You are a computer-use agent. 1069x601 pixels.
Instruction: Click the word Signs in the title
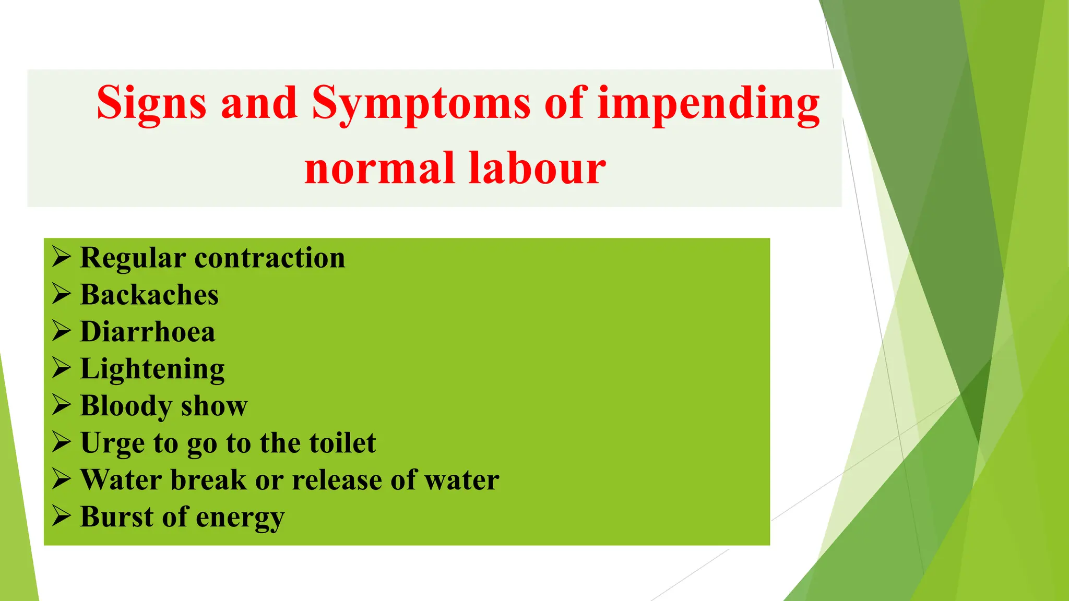(x=151, y=103)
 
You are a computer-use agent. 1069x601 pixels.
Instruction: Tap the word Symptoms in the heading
(x=421, y=103)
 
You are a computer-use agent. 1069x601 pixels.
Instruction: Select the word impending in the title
(x=708, y=103)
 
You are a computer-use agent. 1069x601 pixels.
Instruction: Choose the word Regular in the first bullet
(x=133, y=258)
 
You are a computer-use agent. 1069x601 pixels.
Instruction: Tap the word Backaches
(x=149, y=295)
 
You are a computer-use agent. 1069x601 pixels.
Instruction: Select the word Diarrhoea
(x=147, y=332)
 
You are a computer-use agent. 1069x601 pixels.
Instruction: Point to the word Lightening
(x=152, y=369)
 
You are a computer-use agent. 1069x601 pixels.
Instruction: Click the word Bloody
(x=126, y=406)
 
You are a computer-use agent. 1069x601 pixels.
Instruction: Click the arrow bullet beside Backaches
(x=62, y=295)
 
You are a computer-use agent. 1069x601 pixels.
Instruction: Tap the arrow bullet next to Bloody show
(x=62, y=406)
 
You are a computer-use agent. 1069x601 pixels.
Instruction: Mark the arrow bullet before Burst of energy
(x=62, y=517)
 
